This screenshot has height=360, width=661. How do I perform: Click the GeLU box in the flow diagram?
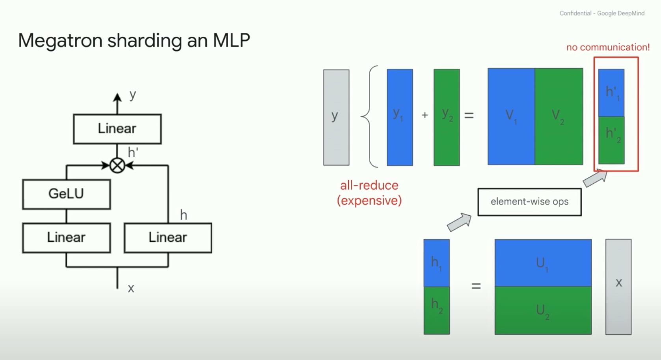(66, 194)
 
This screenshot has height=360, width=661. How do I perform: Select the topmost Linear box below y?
(117, 129)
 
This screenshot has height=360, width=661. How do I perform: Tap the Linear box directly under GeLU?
(66, 238)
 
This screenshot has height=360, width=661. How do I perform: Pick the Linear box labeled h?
(168, 238)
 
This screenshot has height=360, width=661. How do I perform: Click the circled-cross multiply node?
(117, 166)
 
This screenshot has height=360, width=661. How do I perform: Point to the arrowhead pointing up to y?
(117, 97)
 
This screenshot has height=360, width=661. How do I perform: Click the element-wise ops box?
(529, 202)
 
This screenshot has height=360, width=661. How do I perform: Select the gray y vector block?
(336, 117)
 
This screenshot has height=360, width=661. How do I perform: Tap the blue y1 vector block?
(400, 117)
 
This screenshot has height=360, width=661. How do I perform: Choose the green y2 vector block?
(447, 117)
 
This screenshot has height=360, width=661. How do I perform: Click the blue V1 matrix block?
(511, 116)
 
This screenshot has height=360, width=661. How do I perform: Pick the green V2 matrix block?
(559, 116)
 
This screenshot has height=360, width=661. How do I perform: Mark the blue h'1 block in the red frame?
(611, 93)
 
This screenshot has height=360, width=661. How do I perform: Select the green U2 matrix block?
(543, 310)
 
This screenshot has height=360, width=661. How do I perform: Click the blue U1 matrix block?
(543, 263)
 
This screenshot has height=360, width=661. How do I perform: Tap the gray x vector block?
(618, 287)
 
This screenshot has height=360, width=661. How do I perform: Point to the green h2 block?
(437, 310)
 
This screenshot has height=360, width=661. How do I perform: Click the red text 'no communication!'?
(608, 47)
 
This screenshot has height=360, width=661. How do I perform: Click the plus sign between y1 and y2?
(425, 115)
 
